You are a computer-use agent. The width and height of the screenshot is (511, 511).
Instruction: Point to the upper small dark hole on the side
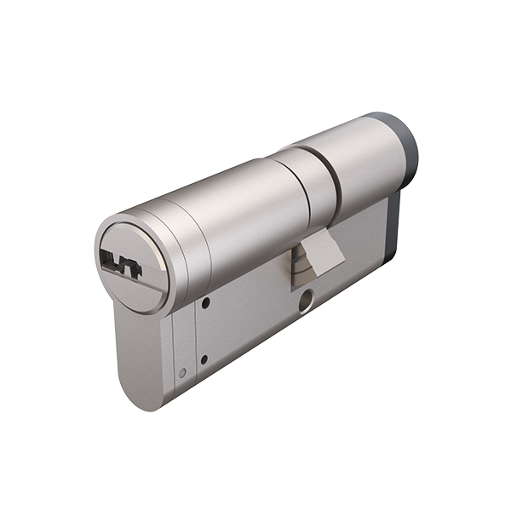(206, 302)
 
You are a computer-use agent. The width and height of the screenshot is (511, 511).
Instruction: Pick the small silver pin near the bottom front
(182, 372)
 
